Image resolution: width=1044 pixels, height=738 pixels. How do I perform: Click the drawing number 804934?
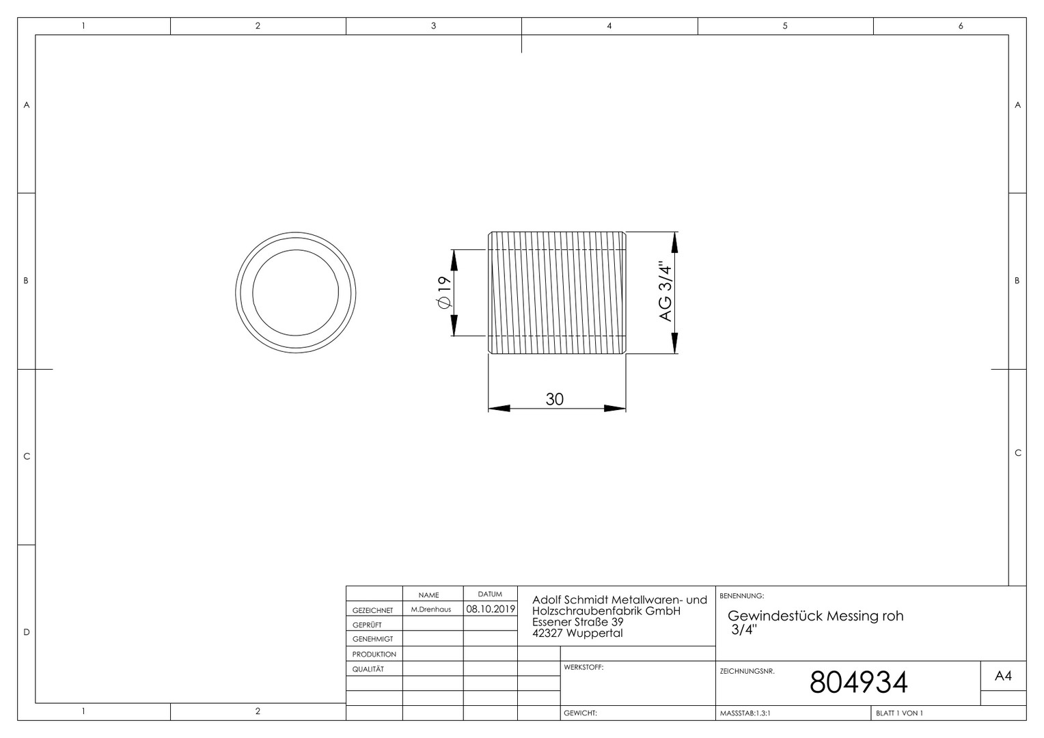coord(859,683)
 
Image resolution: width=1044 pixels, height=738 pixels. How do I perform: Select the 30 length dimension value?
coord(555,399)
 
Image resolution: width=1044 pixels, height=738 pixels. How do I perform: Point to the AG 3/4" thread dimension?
coord(665,292)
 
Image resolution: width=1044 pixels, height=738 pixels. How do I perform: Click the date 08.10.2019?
coord(491,609)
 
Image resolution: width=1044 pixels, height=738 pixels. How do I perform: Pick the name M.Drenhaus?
coord(431,610)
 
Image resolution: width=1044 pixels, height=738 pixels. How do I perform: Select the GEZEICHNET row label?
coord(373,610)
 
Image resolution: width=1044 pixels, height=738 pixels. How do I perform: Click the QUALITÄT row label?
coord(368,669)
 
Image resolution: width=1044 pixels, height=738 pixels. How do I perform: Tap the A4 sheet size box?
coord(1004,676)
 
